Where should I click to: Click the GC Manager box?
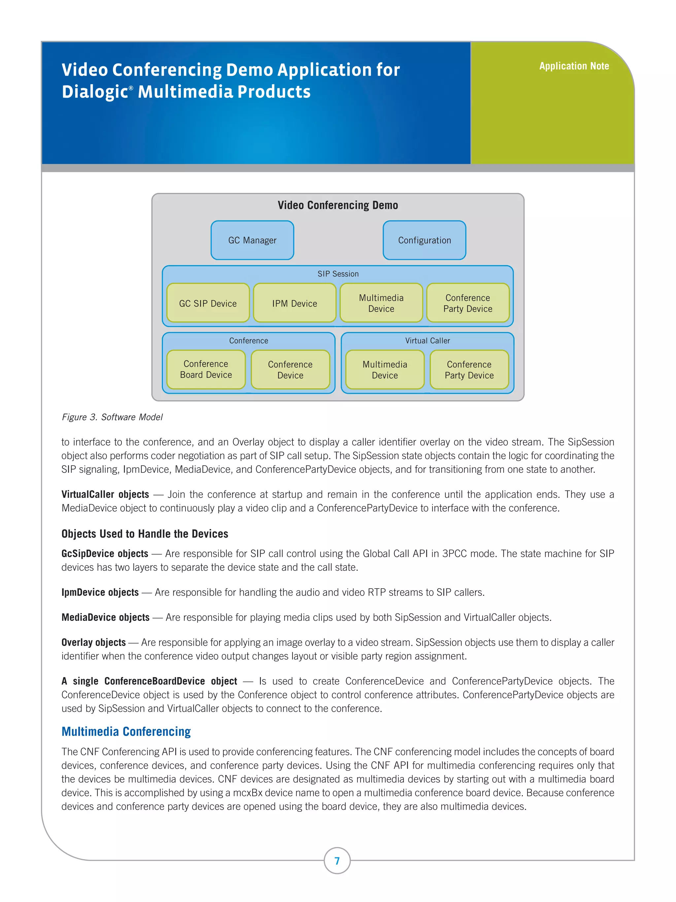coord(252,240)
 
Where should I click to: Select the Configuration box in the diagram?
coord(424,240)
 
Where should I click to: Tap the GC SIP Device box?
coord(208,303)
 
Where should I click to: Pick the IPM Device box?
coord(294,303)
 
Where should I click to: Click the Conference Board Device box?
coord(206,369)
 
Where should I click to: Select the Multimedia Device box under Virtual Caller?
coord(385,370)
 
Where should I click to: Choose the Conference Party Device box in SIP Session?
coord(468,303)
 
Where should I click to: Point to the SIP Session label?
coord(338,273)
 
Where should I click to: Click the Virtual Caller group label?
coord(427,341)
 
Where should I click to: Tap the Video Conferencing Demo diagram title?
coord(338,205)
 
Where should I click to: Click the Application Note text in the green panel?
coord(574,66)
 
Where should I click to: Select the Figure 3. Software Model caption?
coord(112,417)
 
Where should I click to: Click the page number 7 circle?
coord(337,860)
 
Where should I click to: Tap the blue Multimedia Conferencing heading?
coord(126,731)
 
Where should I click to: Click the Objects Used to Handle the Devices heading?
coord(145,534)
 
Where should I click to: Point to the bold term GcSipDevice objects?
coord(105,553)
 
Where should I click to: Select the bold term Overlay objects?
coord(93,642)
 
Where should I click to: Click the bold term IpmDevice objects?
coord(100,592)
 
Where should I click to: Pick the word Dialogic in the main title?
coord(95,92)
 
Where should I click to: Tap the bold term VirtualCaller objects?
coord(105,494)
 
